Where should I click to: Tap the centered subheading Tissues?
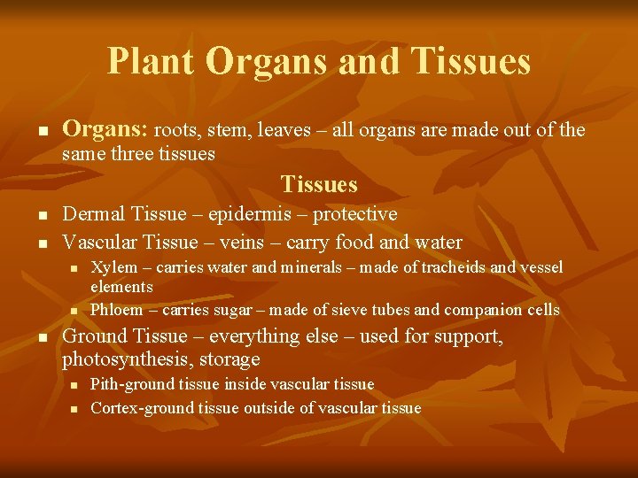point(319,184)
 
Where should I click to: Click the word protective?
point(353,214)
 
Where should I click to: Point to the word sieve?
point(359,310)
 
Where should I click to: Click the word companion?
point(484,310)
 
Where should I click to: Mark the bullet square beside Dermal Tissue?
point(43,216)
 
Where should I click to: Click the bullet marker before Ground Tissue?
point(43,338)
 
